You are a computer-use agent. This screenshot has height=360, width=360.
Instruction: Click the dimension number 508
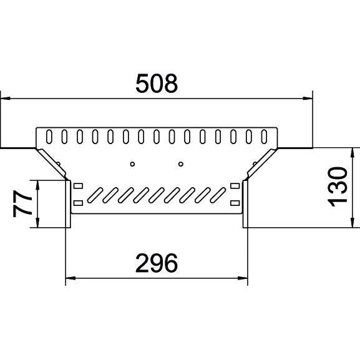click(x=157, y=83)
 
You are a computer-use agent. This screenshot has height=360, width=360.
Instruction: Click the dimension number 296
click(x=157, y=263)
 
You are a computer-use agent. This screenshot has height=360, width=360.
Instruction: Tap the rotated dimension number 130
click(x=338, y=187)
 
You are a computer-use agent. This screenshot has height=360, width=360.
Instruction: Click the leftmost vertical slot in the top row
click(x=49, y=137)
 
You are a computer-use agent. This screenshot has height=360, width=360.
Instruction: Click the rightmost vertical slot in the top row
click(x=264, y=137)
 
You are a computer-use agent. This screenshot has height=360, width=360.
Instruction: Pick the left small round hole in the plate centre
click(x=132, y=164)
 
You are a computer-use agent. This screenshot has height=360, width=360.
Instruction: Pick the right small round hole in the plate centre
click(x=181, y=164)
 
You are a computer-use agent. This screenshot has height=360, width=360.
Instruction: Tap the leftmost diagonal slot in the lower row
click(x=95, y=195)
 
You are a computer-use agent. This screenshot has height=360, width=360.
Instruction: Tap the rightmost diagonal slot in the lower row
click(x=218, y=195)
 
